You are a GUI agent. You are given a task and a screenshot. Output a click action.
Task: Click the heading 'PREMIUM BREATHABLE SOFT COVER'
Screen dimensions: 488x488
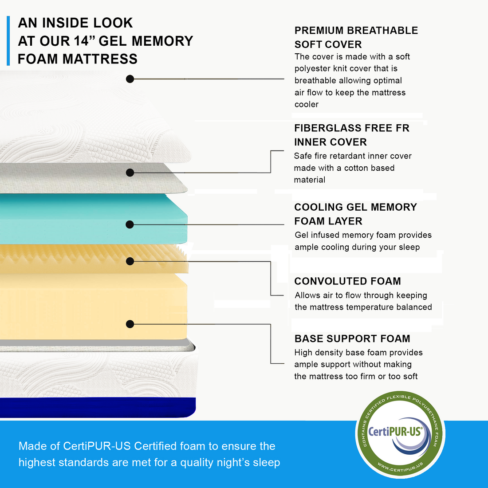point(356,37)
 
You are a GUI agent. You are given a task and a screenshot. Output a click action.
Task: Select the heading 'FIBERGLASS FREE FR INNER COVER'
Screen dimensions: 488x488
point(351,135)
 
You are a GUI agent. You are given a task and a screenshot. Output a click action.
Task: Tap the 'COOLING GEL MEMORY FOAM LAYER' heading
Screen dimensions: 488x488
point(355,214)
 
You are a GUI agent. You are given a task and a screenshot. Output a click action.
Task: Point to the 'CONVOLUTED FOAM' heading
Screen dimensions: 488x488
point(347,281)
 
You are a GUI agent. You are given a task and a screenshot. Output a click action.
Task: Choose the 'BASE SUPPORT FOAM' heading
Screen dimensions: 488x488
point(352,338)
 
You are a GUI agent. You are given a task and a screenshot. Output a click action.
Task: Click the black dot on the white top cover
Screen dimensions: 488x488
point(130,79)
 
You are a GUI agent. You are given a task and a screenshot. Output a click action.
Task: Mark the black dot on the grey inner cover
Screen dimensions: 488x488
point(130,173)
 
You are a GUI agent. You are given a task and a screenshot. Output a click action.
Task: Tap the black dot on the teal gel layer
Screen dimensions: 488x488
point(130,224)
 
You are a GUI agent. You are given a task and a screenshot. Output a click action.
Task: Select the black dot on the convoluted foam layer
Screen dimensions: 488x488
point(130,261)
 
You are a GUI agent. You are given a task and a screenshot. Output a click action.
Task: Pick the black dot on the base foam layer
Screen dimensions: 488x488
point(130,324)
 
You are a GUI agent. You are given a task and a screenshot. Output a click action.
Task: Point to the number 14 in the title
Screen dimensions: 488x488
point(82,41)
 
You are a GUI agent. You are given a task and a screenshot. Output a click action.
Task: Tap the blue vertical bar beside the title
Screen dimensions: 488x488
point(8,41)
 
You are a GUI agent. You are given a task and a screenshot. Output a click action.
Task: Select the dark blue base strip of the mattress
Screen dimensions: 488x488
point(98,407)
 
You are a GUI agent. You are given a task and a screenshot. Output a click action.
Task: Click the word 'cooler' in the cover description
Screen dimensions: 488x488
point(307,105)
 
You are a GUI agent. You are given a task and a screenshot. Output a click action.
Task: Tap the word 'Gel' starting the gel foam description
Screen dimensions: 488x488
point(302,235)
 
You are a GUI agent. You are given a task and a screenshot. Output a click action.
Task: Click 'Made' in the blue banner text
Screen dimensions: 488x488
point(32,446)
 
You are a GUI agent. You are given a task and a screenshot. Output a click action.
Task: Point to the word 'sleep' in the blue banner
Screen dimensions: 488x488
point(266,463)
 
